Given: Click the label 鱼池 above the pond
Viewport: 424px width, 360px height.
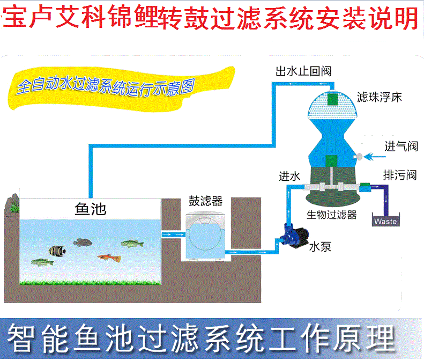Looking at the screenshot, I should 90,209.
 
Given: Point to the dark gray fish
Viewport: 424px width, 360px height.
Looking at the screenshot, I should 83,243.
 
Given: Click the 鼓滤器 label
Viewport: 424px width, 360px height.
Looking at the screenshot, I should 205,201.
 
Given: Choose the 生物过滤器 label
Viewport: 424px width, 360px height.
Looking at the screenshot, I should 331,215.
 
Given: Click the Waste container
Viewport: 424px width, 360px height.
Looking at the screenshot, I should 385,220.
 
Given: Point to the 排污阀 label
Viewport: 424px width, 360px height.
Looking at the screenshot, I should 399,175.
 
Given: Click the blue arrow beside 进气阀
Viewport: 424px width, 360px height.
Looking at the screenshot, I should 375,156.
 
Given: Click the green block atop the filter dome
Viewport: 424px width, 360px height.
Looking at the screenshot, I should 333,100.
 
